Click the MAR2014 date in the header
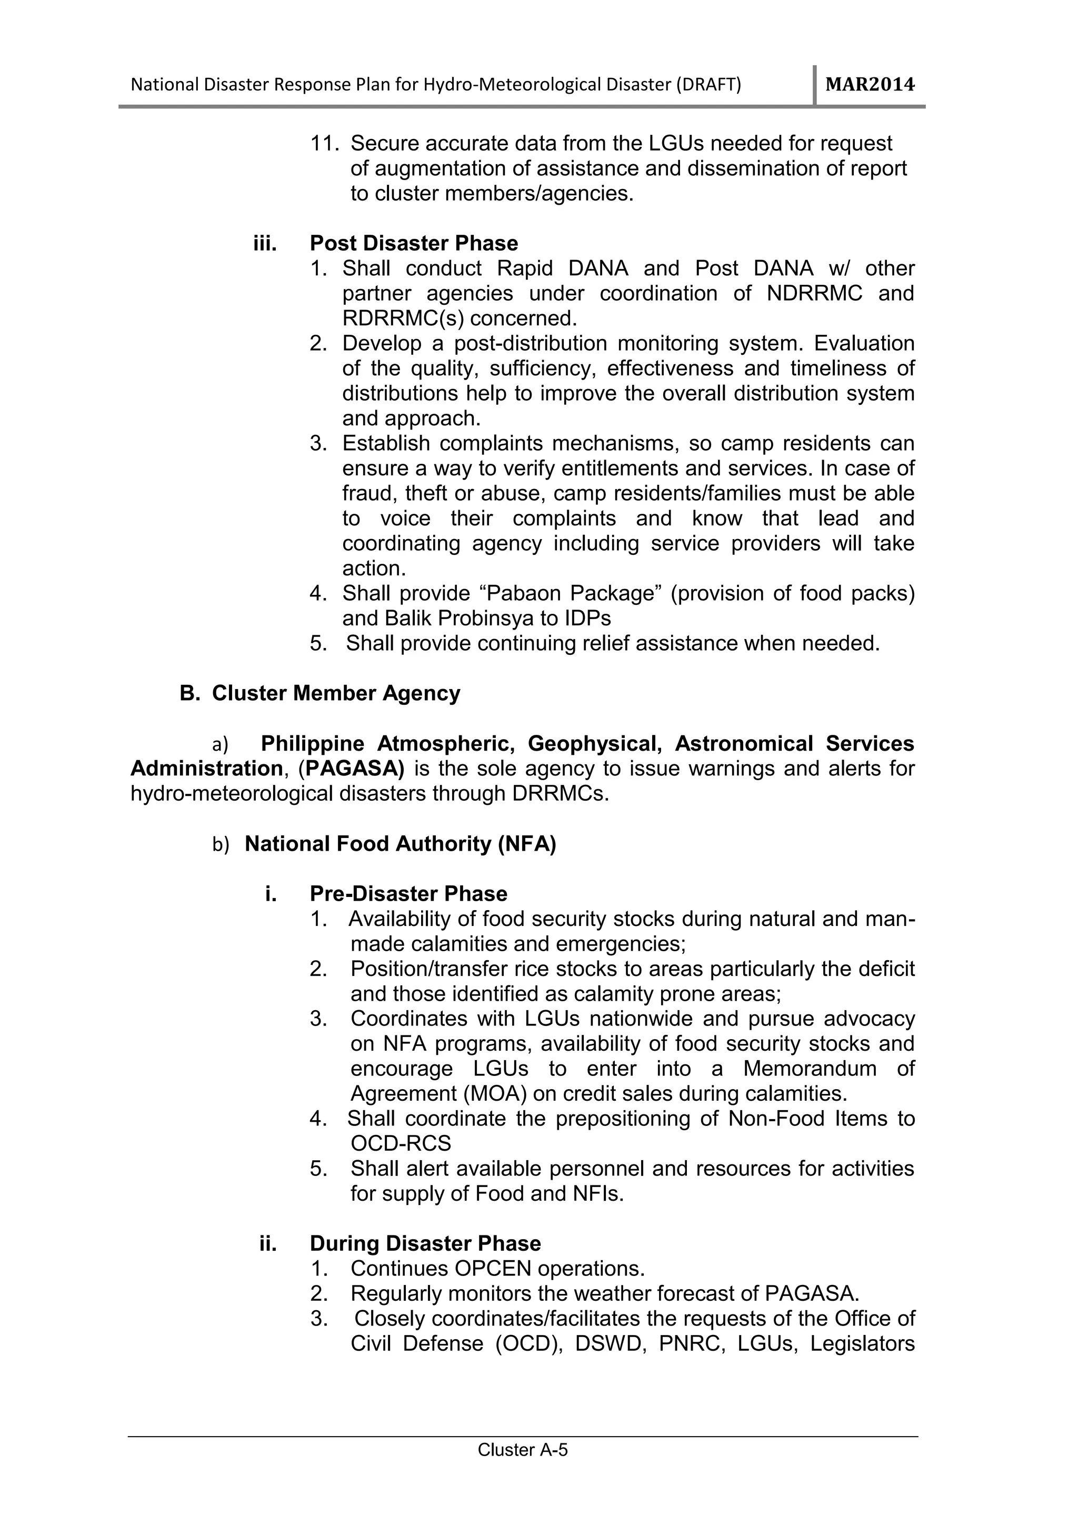tap(870, 85)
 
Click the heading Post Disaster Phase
tap(414, 243)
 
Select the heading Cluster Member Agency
tap(335, 693)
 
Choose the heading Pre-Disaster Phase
tap(408, 894)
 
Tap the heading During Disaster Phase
tap(425, 1243)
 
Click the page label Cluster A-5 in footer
tap(523, 1450)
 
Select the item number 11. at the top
tap(325, 144)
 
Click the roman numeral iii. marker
tap(265, 244)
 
